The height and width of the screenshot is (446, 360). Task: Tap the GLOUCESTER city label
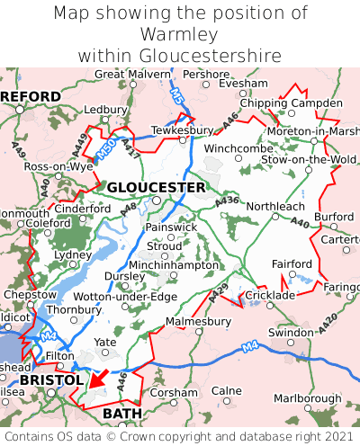coord(156,187)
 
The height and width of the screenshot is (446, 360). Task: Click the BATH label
coord(122,413)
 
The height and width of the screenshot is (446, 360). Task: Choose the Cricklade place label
coord(270,295)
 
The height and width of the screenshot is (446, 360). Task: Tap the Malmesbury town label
coord(199,320)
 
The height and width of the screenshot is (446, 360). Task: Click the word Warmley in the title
coord(180,34)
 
